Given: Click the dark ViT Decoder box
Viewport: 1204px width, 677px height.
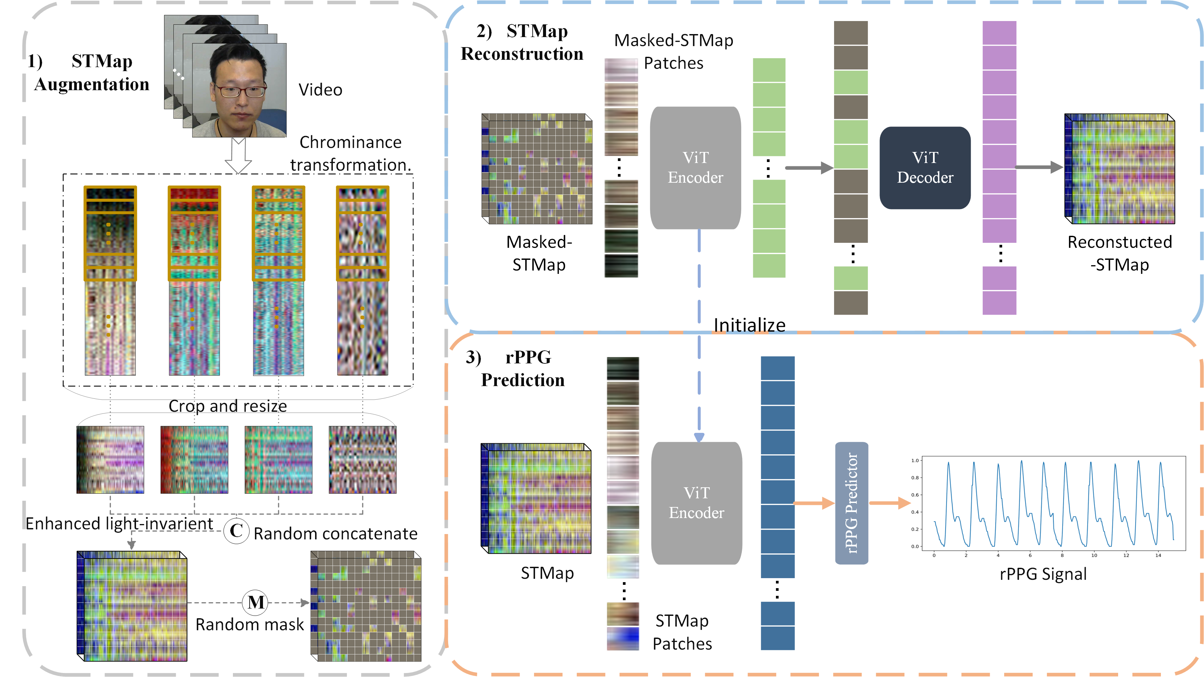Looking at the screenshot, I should click(x=925, y=168).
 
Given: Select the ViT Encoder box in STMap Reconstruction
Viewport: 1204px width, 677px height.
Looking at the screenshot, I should click(x=695, y=168).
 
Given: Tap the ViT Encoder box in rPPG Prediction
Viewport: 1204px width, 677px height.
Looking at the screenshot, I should click(x=696, y=503).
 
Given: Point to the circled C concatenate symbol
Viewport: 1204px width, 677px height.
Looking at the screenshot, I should click(x=236, y=531).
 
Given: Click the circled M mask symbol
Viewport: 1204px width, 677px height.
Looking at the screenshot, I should click(x=255, y=602).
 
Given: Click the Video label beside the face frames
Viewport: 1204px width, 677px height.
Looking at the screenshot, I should click(x=320, y=90).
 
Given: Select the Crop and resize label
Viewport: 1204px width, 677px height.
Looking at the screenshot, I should click(x=228, y=406).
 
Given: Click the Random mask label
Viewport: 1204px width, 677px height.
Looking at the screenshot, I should click(x=250, y=625).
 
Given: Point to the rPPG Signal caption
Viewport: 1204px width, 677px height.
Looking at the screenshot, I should click(x=1043, y=574).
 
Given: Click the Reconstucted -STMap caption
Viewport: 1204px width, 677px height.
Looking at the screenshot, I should click(x=1119, y=253).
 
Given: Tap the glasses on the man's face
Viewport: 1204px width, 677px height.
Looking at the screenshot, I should click(x=240, y=90).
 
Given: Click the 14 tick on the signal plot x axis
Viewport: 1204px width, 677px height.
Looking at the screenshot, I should click(x=1158, y=555).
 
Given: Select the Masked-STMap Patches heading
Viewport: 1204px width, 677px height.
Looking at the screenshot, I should click(x=673, y=51).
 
